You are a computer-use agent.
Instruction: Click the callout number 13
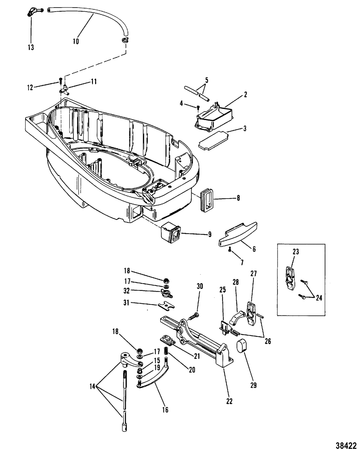tap(31, 47)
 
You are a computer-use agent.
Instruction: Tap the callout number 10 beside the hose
tap(76, 41)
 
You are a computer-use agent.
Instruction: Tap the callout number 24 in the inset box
tap(319, 298)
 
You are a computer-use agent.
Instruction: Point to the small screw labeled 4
tap(198, 108)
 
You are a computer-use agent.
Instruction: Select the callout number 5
tap(207, 80)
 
